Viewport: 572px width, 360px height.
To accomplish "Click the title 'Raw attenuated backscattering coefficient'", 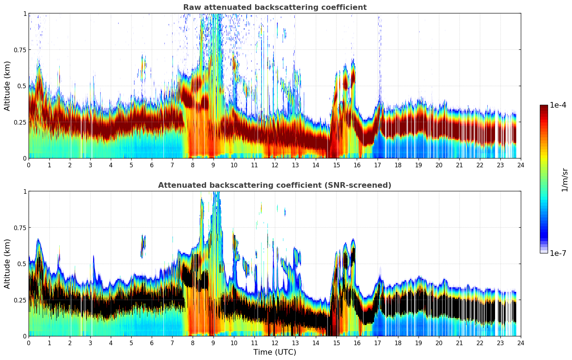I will pyautogui.click(x=275, y=7).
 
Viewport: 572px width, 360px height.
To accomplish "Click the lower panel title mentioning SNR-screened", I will pyautogui.click(x=275, y=185).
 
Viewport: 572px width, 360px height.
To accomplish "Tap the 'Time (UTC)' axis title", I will pyautogui.click(x=275, y=352).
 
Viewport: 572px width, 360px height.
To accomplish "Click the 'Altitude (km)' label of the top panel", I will pyautogui.click(x=7, y=86).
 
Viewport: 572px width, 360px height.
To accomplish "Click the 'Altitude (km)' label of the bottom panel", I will pyautogui.click(x=7, y=264).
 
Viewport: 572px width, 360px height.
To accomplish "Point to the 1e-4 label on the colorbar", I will pyautogui.click(x=558, y=105).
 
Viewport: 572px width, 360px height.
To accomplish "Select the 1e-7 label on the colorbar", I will pyautogui.click(x=558, y=253).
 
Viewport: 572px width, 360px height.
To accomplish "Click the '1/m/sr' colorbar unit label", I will pyautogui.click(x=565, y=180).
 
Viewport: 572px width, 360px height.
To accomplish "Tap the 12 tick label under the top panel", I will pyautogui.click(x=275, y=165).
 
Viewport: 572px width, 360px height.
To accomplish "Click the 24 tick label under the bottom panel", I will pyautogui.click(x=521, y=343).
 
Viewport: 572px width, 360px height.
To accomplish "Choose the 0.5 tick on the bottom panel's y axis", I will pyautogui.click(x=22, y=264).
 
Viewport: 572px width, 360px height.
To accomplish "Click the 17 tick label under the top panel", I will pyautogui.click(x=377, y=165).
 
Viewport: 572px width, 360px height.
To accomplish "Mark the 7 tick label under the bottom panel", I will pyautogui.click(x=172, y=343).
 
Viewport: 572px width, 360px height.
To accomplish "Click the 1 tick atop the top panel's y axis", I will pyautogui.click(x=25, y=13).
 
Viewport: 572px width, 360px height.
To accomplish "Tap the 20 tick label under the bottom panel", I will pyautogui.click(x=439, y=343).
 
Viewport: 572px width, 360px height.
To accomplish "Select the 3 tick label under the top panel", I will pyautogui.click(x=90, y=165).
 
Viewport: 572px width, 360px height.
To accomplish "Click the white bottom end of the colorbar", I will pyautogui.click(x=544, y=251).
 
